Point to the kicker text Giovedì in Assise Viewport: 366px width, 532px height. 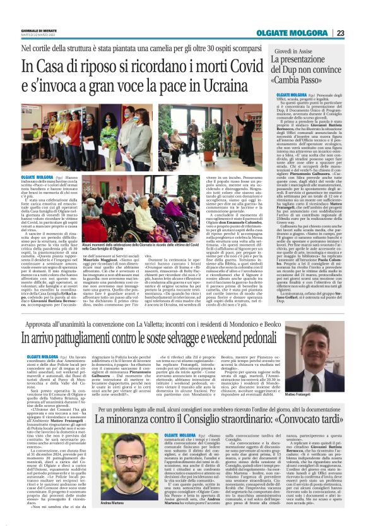pos(293,49)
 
